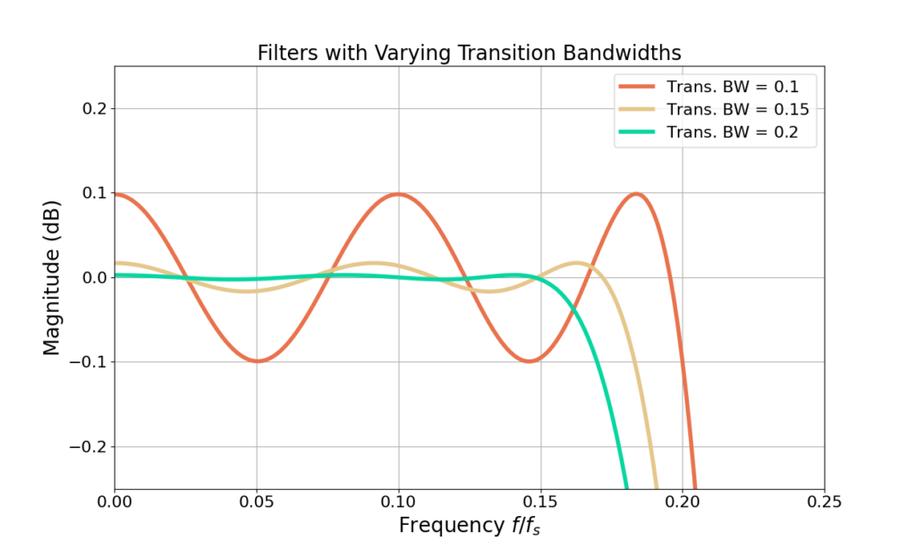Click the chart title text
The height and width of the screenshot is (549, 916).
point(469,53)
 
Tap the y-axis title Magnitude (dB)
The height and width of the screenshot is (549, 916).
point(52,277)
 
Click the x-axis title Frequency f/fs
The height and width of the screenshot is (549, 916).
point(469,525)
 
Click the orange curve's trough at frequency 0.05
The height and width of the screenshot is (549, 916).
point(257,361)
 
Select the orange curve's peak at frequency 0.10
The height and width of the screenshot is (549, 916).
point(398,194)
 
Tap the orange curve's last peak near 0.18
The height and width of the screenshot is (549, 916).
point(636,194)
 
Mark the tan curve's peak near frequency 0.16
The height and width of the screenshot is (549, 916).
point(577,263)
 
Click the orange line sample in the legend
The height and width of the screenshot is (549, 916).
point(636,87)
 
